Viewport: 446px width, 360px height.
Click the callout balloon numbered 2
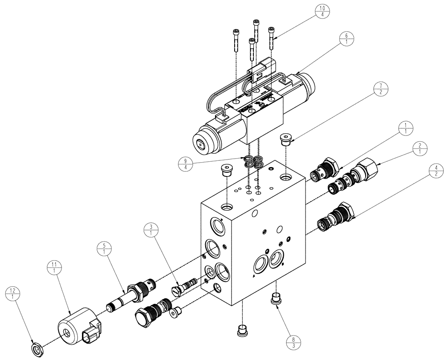click(x=420, y=148)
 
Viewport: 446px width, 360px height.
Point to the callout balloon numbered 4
click(x=436, y=171)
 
